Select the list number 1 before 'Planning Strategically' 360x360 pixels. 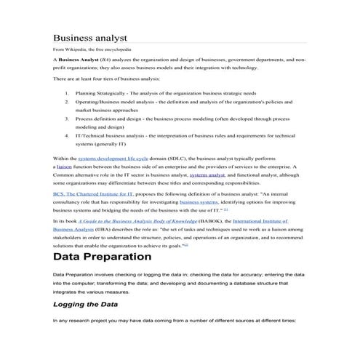[x=67, y=93]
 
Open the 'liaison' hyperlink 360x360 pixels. [x=65, y=166]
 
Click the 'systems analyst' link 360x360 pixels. [x=207, y=175]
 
